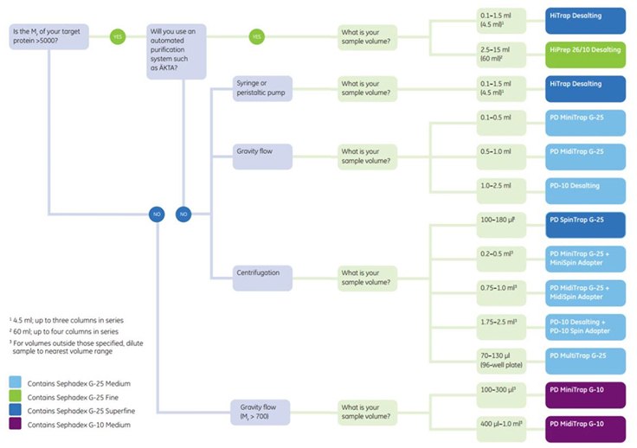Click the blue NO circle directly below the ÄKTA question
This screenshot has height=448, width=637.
[183, 214]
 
